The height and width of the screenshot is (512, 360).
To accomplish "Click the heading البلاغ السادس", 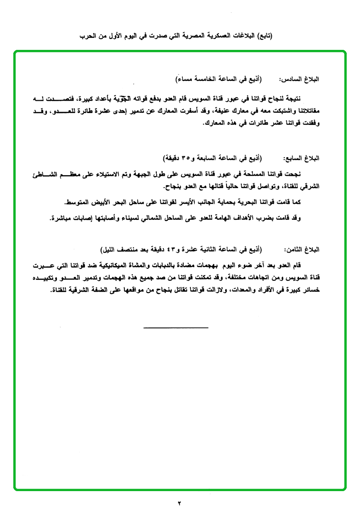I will pos(302,78).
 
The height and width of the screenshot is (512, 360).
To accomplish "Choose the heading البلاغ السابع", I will pos(302,158).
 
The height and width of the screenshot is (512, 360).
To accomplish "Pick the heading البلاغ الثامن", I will pos(302,249).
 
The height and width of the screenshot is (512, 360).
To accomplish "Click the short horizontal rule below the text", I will pos(176,327).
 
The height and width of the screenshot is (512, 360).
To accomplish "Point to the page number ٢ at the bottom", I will pos(180,503).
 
